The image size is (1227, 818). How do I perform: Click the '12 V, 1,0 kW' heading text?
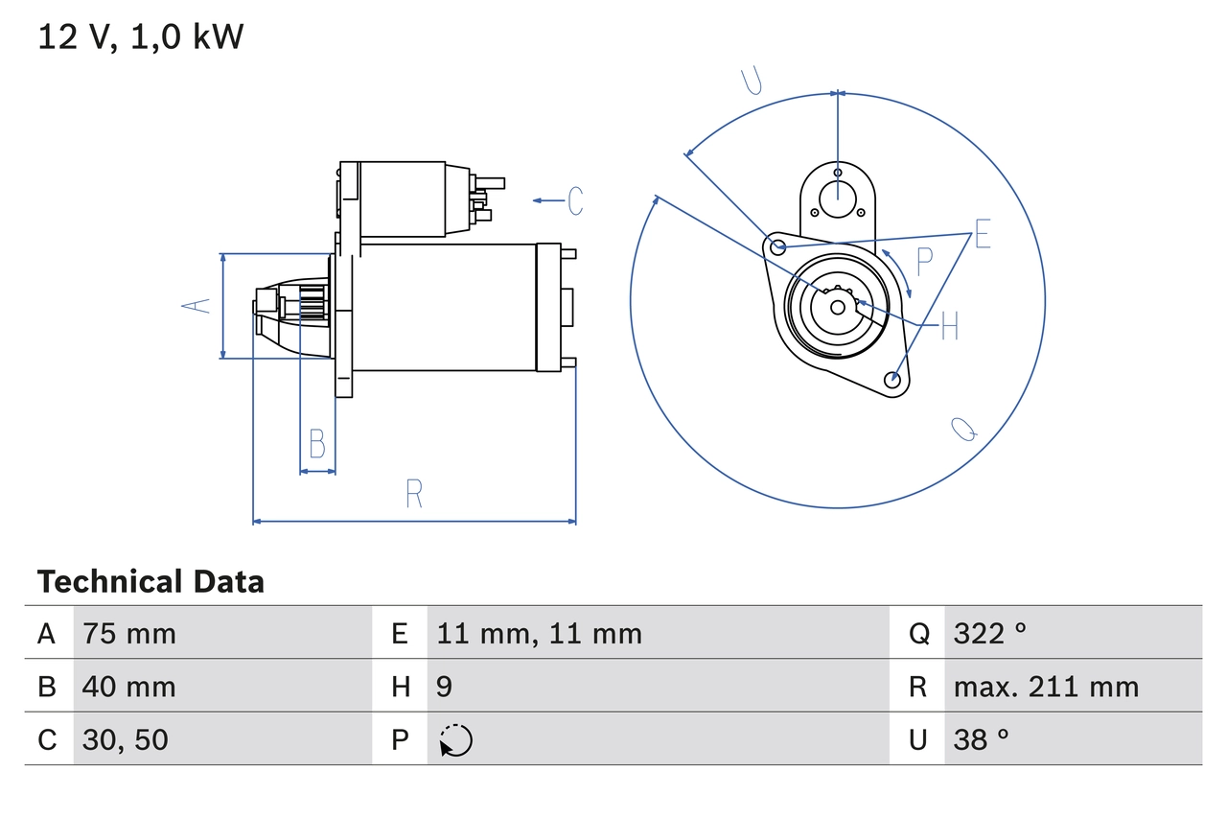141,36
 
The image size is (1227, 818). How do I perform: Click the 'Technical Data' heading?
150,582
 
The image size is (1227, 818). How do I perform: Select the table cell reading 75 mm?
129,633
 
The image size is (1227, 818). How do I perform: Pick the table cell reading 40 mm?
129,687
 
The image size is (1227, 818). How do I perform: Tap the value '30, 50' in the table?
126,739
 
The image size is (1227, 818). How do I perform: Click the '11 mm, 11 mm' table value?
539,633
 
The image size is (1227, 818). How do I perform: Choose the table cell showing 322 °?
989,633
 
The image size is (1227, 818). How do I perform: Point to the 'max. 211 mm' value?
1046,687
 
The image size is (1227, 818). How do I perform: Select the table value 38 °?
981,739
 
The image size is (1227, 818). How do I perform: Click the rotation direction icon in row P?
455,740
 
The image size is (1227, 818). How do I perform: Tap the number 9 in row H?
444,687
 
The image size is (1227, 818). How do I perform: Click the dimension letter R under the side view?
414,494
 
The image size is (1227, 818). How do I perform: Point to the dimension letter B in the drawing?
317,445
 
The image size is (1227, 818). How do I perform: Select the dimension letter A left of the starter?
197,306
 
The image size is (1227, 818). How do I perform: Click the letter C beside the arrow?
575,200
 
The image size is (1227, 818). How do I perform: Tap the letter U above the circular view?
752,82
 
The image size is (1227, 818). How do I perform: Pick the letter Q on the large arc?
964,430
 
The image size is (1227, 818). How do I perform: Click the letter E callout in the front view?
983,234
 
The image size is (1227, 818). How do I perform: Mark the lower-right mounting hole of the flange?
893,379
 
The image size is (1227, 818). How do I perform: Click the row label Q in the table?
918,633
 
